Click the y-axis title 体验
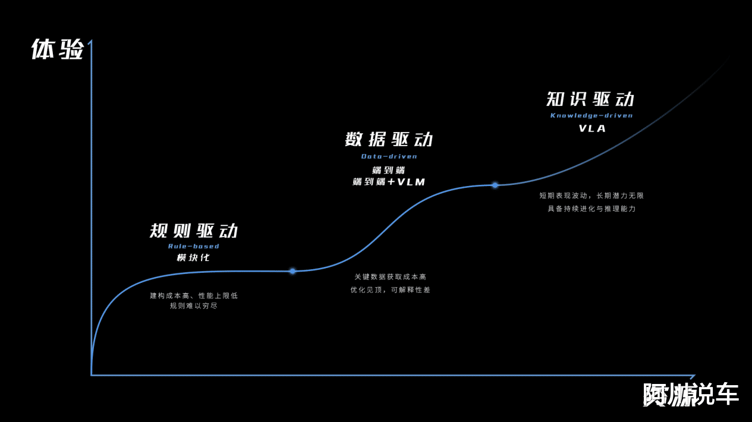57,49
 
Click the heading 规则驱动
194,231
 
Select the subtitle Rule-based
194,246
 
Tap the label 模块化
194,257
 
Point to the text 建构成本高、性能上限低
194,295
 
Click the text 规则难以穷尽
194,306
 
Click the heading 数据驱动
389,140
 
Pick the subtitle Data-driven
389,156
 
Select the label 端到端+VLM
389,182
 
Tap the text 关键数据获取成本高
390,277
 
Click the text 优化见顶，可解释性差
390,290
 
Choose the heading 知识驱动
591,99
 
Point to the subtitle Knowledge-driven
591,115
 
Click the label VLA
592,128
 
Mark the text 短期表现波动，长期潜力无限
591,196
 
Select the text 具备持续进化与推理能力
591,209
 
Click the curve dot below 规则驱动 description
292,271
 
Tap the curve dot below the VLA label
495,185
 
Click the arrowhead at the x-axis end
693,376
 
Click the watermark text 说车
716,395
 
